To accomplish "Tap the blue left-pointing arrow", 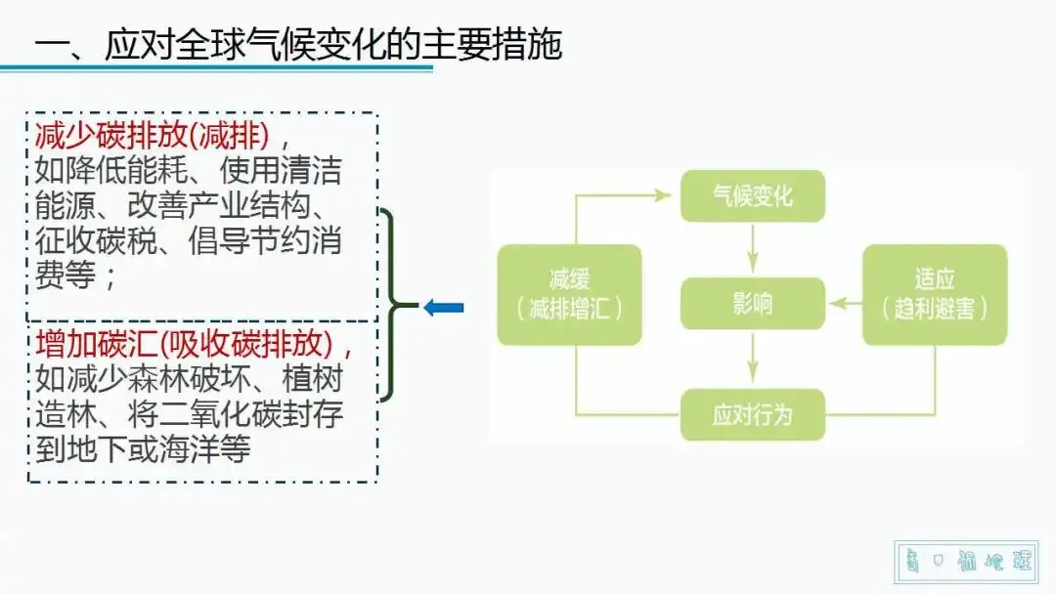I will tap(443, 308).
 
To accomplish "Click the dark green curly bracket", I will tap(391, 306).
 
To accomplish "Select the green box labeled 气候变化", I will tap(752, 195).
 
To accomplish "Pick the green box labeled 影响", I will tap(752, 303).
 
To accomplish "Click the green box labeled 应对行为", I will tap(752, 414).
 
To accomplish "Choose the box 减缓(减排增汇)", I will tap(569, 295).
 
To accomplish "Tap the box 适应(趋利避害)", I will tap(934, 295).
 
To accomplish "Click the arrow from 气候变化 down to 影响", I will tap(752, 249).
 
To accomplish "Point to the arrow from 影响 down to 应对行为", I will tap(752, 359).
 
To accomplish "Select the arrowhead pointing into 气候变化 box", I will tap(670, 195).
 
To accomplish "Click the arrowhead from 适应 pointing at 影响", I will tap(837, 304).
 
